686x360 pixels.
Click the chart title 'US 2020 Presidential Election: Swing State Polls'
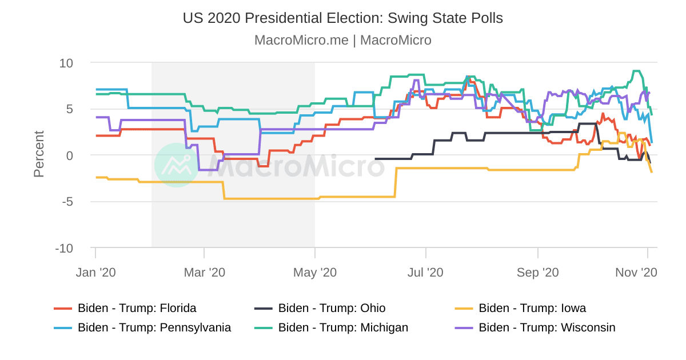(x=343, y=18)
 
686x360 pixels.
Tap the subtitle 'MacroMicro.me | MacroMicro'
(x=343, y=41)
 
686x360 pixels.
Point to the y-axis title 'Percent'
(x=39, y=154)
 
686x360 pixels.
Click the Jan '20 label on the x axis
(x=95, y=273)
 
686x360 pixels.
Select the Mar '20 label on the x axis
(x=204, y=273)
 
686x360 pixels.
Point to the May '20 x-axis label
(x=315, y=273)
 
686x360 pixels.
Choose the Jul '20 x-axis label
(x=425, y=273)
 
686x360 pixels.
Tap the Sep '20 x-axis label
(x=537, y=273)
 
